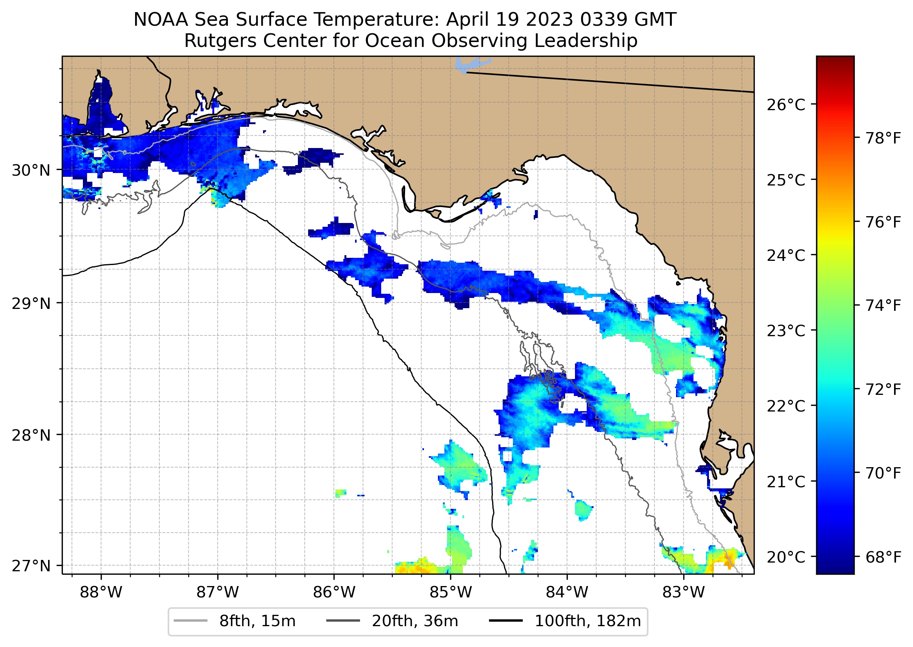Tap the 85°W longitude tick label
450,592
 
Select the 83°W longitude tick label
684,592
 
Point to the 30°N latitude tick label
31,170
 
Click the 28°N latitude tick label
31,435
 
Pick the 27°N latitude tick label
31,566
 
